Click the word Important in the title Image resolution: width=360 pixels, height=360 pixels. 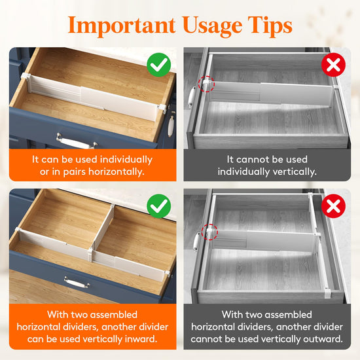point(122,26)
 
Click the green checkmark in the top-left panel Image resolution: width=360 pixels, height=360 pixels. point(158,65)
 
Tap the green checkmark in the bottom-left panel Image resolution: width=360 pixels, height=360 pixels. point(158,206)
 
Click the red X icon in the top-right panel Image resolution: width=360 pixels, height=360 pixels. point(333,65)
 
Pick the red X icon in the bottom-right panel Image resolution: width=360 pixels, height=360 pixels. point(333,206)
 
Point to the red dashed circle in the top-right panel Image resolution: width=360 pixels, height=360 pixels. point(206,84)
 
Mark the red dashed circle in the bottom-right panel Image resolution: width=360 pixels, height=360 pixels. point(209,232)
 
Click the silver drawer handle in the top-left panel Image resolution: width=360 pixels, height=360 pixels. point(77,141)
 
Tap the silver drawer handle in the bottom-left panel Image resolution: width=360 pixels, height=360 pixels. point(77,283)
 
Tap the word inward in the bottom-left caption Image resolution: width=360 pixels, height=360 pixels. point(141,339)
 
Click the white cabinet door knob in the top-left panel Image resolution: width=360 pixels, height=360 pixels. point(171,124)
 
